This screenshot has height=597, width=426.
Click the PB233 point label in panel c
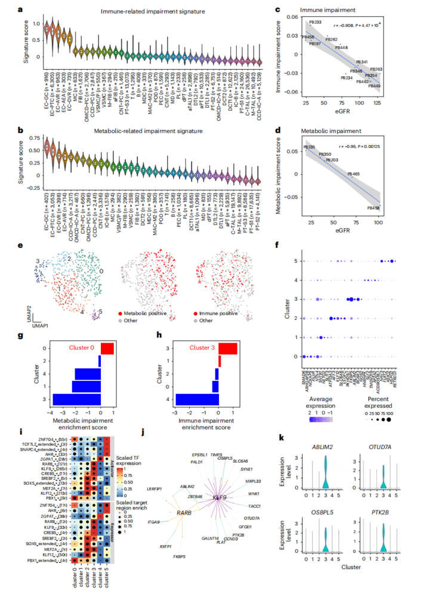pos(314,22)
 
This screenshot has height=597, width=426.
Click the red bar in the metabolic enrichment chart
pos(107,349)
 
